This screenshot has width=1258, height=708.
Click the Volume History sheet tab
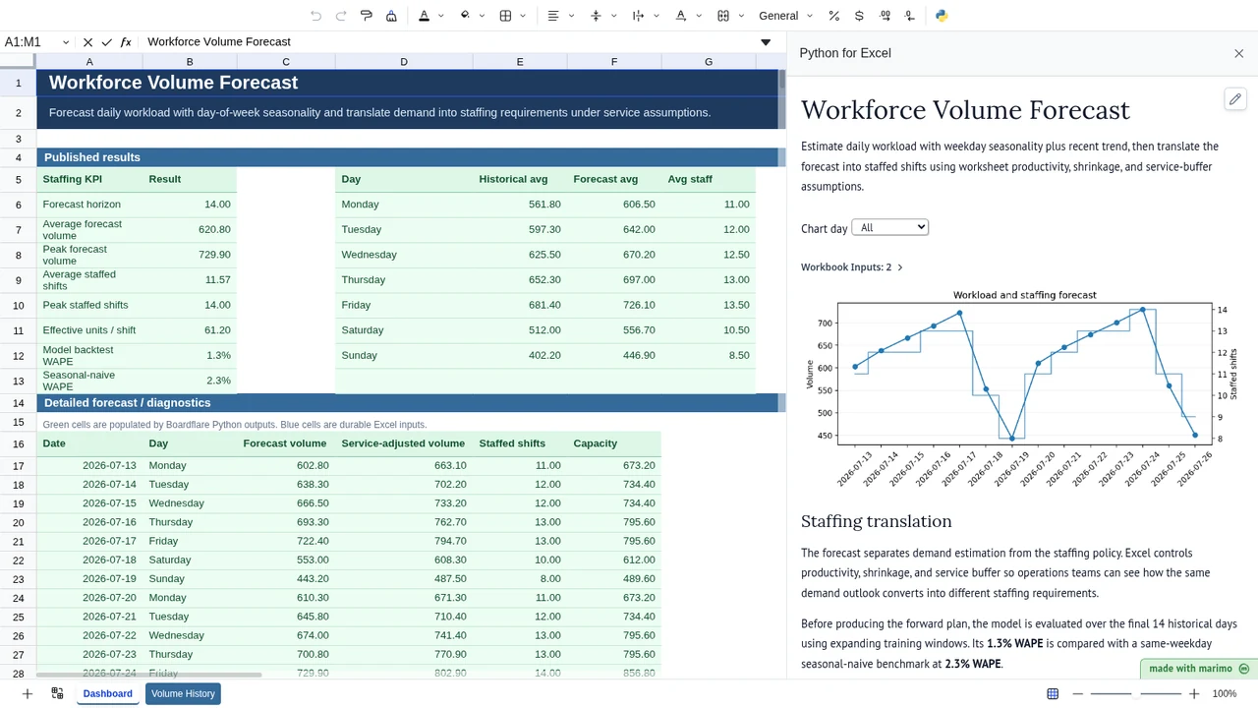point(183,693)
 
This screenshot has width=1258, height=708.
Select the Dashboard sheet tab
point(108,693)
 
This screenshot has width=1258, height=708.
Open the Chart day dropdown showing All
point(890,227)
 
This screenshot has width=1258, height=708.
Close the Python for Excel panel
point(1239,53)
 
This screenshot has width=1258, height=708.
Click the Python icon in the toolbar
point(942,16)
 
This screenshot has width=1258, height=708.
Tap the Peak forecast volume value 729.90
point(214,255)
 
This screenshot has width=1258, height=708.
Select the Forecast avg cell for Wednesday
point(639,255)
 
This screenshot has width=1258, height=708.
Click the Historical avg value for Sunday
point(544,355)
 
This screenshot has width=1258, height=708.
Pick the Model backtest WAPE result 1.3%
point(218,355)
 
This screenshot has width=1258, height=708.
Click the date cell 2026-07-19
point(109,579)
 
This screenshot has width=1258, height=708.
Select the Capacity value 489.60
point(639,579)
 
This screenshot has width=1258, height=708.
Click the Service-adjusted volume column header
point(403,443)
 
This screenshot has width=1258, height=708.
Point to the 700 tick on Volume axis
point(825,324)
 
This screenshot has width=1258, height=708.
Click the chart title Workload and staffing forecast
point(1024,295)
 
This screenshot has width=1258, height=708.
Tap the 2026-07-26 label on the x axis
point(1195,469)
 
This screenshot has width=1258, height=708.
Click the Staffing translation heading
point(876,521)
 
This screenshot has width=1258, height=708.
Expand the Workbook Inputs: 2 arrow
point(900,267)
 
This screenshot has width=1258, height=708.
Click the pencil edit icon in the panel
point(1235,99)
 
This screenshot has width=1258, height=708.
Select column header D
point(404,62)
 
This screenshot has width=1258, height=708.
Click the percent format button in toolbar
point(834,16)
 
